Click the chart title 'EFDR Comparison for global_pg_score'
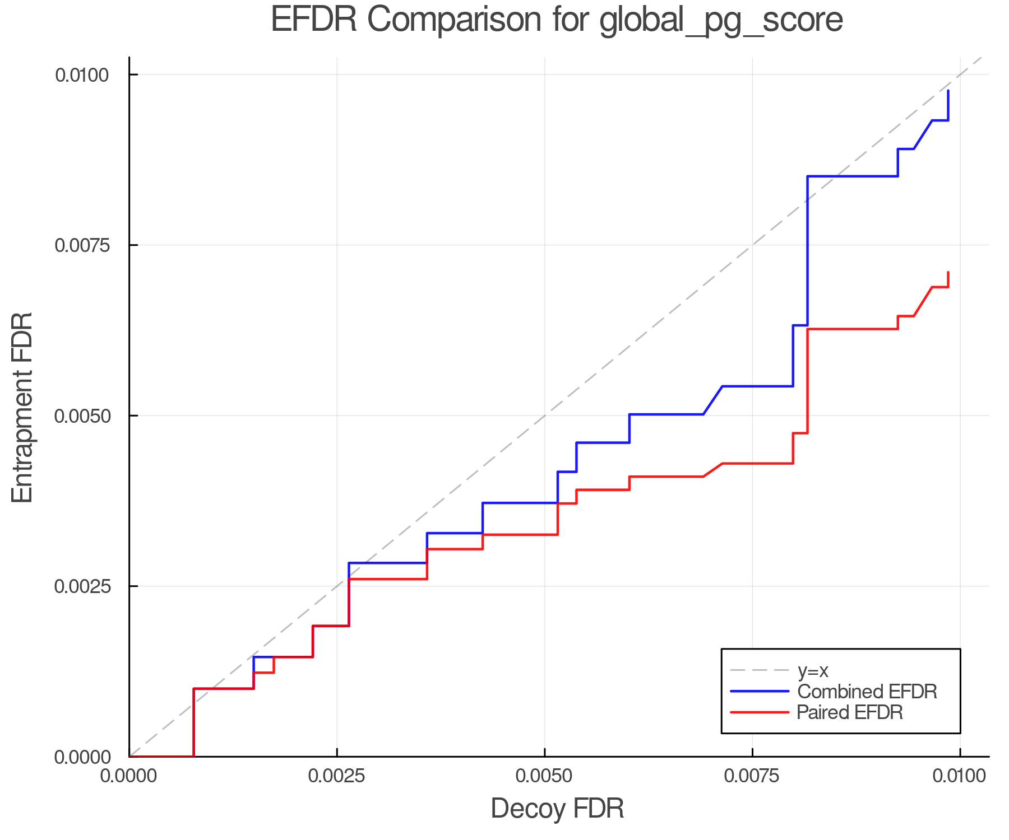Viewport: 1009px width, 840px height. point(557,20)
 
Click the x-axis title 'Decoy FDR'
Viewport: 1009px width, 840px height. point(557,809)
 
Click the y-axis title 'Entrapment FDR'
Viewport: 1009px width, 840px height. point(23,408)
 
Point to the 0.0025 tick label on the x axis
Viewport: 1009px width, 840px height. point(336,776)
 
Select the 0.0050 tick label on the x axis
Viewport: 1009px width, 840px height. point(544,776)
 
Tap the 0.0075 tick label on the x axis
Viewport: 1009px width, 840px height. point(752,776)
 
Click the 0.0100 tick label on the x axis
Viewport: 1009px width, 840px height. point(960,776)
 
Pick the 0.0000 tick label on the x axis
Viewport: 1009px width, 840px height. point(129,776)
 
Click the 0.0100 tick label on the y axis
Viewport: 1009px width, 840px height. point(81,74)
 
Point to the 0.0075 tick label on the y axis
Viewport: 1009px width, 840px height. point(81,245)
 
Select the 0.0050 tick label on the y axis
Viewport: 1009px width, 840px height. point(81,416)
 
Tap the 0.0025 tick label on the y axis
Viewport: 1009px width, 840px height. point(81,586)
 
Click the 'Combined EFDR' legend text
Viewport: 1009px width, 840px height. point(867,692)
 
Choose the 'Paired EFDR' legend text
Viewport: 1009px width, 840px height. point(850,712)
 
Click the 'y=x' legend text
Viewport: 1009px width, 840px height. point(813,670)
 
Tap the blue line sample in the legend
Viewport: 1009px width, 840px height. point(760,692)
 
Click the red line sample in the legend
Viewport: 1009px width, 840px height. point(760,712)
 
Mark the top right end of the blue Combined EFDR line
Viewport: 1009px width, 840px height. point(948,91)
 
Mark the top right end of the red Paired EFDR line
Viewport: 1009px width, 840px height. point(948,273)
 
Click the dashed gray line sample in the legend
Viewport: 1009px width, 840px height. point(760,670)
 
